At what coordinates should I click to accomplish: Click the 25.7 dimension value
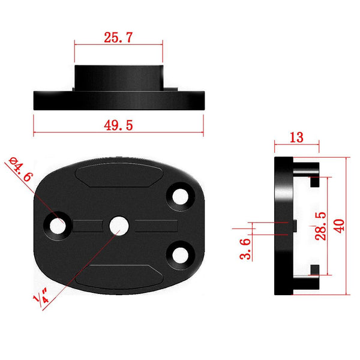tap(118, 37)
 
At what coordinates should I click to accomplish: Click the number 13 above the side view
tap(296, 137)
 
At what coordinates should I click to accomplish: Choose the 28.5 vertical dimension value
tap(321, 225)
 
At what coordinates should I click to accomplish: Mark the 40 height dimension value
tap(339, 225)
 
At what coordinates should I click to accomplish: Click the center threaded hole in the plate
tap(118, 225)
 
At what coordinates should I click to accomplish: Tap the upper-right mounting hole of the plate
tap(179, 196)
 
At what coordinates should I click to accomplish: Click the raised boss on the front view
tap(118, 77)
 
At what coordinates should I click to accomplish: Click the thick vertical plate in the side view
tap(283, 225)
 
